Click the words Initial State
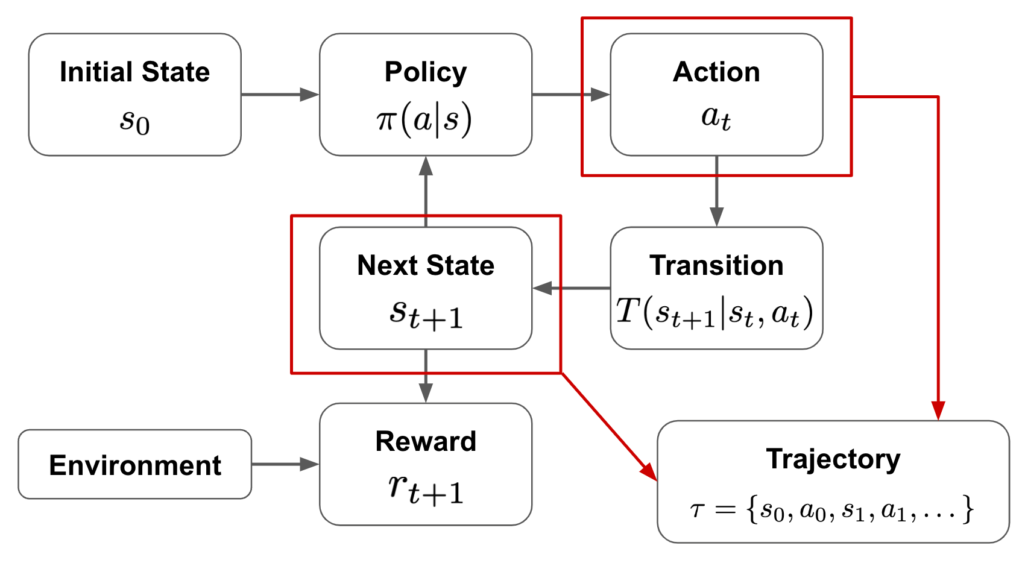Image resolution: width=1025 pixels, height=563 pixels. [134, 72]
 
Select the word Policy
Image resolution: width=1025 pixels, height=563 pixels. [426, 72]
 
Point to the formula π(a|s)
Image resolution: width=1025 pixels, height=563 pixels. [424, 120]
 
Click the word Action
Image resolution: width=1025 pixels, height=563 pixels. [716, 72]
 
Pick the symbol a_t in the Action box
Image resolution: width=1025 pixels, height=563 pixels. [716, 117]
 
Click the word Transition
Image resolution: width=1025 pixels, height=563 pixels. [716, 265]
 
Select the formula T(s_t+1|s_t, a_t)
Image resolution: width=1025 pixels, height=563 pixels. [715, 313]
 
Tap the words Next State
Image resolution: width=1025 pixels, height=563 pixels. [426, 265]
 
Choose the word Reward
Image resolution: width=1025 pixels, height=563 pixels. [426, 441]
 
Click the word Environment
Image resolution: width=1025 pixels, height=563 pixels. [135, 465]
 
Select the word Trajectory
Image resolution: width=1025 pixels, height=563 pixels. [833, 459]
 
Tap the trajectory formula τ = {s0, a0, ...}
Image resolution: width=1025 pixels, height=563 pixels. [832, 509]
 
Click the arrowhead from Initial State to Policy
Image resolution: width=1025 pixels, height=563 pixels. [310, 94]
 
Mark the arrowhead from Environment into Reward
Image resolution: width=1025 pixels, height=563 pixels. [310, 464]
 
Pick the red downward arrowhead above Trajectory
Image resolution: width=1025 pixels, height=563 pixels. [938, 411]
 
